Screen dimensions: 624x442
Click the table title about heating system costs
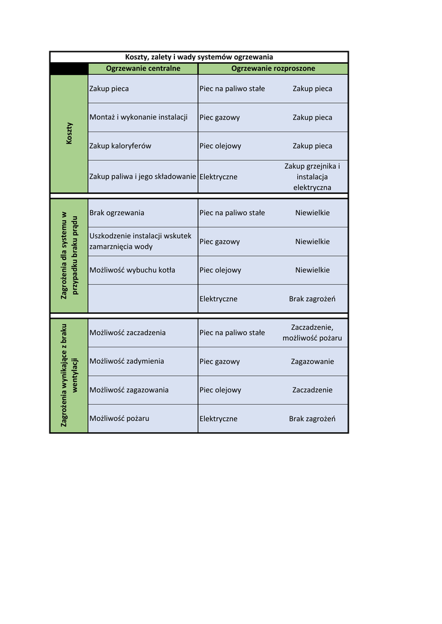pos(199,57)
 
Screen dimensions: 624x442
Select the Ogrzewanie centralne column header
pos(143,69)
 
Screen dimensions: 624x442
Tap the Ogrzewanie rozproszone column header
pos(273,69)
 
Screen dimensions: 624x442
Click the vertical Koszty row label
pos(69,133)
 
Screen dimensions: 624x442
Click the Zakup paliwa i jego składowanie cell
pos(143,177)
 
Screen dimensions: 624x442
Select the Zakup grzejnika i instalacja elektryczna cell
pos(312,177)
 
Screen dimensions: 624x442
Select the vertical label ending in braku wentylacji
pos(69,375)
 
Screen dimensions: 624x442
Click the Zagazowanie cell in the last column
pos(312,361)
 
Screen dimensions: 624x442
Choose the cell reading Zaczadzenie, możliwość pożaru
pos(312,333)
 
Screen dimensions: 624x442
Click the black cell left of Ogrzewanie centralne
pos(69,69)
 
